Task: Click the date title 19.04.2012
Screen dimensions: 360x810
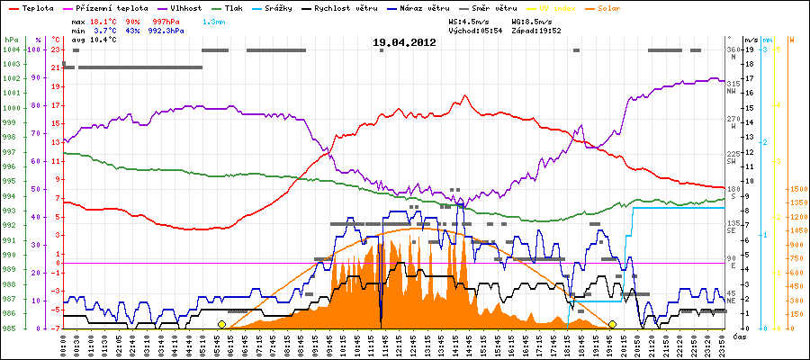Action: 404,42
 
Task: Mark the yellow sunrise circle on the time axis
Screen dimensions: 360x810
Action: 221,324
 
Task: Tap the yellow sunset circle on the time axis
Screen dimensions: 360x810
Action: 612,324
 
